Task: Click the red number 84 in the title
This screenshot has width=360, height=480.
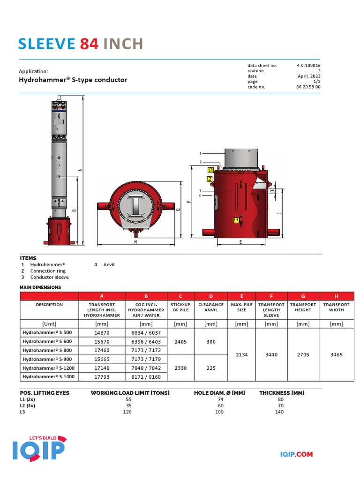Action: coord(89,44)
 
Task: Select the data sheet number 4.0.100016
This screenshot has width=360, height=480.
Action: coord(308,66)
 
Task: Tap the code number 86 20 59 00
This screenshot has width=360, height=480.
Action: coord(308,87)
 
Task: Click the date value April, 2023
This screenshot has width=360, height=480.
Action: coord(309,76)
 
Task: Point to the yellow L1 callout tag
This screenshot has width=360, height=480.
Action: coord(211,170)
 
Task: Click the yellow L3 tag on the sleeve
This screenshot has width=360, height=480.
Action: coord(236,219)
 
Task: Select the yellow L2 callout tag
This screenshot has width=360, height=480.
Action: coord(210,179)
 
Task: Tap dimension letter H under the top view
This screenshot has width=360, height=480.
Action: coord(135,242)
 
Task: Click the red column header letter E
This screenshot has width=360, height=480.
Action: coord(241,296)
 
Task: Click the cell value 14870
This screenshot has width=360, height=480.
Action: coord(102,332)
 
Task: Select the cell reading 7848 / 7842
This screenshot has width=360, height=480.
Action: coord(146,368)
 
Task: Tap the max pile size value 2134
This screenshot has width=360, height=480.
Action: coord(241,355)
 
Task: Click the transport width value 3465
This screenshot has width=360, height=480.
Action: coord(336,355)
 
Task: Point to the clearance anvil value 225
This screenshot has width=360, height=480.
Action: coord(211,368)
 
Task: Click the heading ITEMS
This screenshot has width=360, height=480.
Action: coord(28,258)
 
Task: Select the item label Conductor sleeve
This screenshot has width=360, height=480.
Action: coord(49,277)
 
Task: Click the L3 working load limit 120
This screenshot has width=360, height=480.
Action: coord(127,412)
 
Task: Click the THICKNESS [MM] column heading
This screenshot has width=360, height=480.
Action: coord(282,393)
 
